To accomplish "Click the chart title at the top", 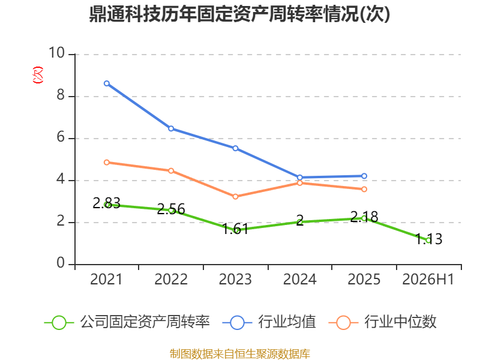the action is point(239,14).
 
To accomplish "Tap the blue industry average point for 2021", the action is point(107,83).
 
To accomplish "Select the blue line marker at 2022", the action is point(171,128).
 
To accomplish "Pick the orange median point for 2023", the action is point(235,197).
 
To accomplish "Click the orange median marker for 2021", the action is point(107,162).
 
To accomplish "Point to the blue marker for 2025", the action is point(364,176).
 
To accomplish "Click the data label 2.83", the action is point(107,203).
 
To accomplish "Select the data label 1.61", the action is point(235,229).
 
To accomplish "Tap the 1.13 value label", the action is point(428,239).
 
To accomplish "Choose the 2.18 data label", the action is point(364,217).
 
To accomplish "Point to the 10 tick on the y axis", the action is point(56,53).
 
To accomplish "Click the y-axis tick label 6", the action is point(61,137).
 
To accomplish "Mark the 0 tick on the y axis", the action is point(61,263).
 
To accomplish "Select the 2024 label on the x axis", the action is point(299,280).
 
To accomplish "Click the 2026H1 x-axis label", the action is point(428,280).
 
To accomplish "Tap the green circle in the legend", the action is point(59,323).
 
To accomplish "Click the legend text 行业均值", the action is point(287,322).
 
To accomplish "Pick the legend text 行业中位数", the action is point(400,322).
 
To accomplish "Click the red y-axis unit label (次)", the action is point(38,75).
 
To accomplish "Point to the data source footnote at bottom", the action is point(239,354).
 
